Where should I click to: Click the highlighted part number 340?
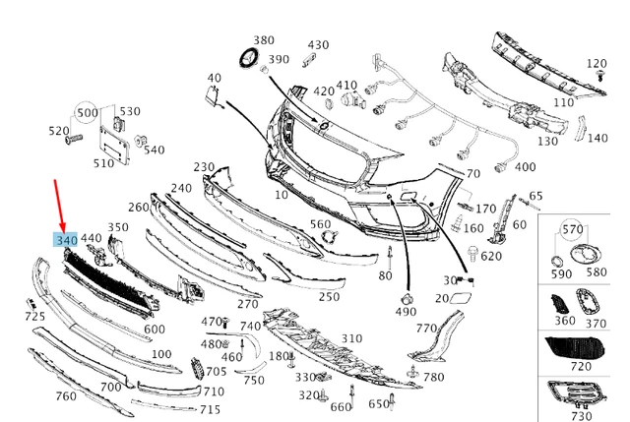67,239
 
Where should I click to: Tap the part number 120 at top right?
598,64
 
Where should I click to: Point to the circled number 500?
88,112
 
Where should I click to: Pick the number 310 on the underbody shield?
351,338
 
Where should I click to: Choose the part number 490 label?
406,311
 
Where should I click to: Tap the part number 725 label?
34,316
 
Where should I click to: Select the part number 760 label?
66,396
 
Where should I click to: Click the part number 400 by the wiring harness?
525,167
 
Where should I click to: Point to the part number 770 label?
425,329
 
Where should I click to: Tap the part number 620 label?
491,257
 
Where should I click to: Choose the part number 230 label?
204,167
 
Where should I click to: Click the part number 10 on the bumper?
283,196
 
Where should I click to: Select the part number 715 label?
210,409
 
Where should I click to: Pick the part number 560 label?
321,224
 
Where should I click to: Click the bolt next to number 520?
72,141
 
